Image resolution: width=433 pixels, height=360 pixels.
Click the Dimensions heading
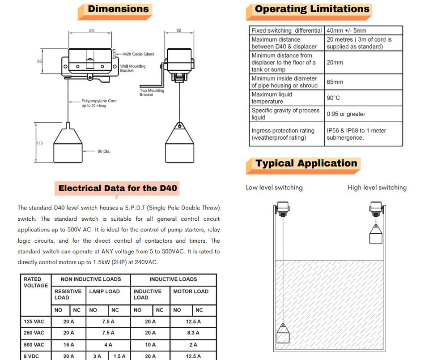pyautogui.click(x=118, y=9)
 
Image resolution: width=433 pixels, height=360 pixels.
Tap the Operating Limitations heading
pyautogui.click(x=312, y=9)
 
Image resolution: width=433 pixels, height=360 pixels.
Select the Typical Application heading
pyautogui.click(x=306, y=163)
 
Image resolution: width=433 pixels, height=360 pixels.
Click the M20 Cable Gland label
pyautogui.click(x=139, y=54)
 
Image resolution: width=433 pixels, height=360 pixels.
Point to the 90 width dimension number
pyautogui.click(x=92, y=31)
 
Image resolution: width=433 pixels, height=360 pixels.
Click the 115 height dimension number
pyautogui.click(x=40, y=143)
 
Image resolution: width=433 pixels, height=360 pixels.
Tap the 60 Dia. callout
pyautogui.click(x=104, y=151)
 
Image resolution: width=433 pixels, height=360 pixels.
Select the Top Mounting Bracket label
pyautogui.click(x=152, y=93)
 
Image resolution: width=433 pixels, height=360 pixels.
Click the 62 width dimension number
pyautogui.click(x=179, y=30)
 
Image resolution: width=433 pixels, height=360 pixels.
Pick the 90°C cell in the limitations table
pyautogui.click(x=334, y=98)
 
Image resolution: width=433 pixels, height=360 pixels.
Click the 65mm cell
pyautogui.click(x=335, y=82)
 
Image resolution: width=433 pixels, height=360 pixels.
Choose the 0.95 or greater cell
pyautogui.click(x=346, y=114)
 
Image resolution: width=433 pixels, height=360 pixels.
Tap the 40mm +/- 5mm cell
pyautogui.click(x=346, y=30)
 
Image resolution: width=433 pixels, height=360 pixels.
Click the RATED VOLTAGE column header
pyautogui.click(x=35, y=282)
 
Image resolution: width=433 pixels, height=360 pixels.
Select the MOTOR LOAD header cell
pyautogui.click(x=191, y=291)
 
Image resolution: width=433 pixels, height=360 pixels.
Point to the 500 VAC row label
pyautogui.click(x=34, y=345)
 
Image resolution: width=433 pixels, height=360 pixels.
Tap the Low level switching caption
pyautogui.click(x=274, y=188)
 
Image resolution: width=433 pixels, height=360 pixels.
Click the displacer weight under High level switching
pyautogui.click(x=376, y=234)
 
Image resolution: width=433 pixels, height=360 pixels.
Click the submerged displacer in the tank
pyautogui.click(x=283, y=335)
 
